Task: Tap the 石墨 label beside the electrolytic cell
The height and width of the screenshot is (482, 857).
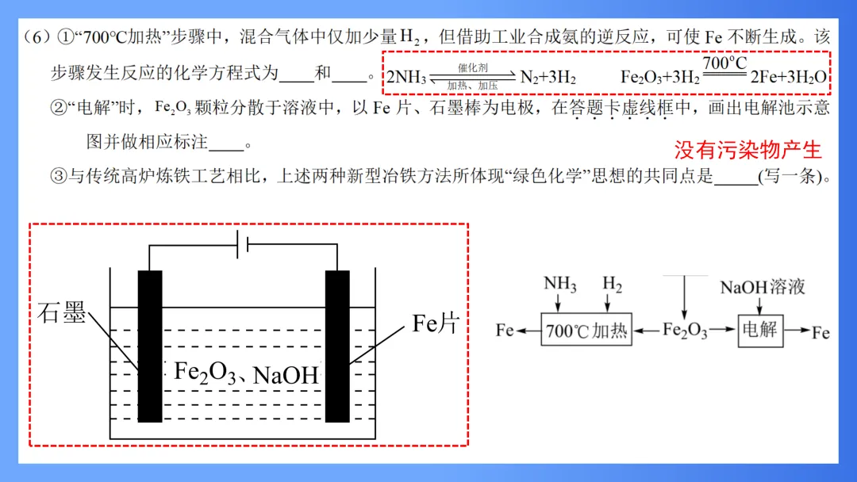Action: [61, 313]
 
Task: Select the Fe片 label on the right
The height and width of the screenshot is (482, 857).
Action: [436, 323]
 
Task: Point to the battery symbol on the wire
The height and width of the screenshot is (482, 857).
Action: [243, 245]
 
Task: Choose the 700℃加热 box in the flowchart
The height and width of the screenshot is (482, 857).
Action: [586, 330]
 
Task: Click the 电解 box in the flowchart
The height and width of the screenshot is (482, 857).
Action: [760, 329]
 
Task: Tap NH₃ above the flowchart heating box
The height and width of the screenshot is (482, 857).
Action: [559, 285]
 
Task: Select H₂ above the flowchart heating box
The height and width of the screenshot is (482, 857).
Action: [612, 284]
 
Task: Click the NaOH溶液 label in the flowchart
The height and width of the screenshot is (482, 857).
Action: [763, 286]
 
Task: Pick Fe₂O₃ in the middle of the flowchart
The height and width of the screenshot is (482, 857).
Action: [685, 331]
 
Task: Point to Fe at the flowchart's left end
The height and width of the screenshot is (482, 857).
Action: [505, 330]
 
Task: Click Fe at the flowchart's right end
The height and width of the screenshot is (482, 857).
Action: [820, 331]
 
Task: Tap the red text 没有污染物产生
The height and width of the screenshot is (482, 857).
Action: [747, 150]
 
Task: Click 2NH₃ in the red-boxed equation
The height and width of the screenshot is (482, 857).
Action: [406, 78]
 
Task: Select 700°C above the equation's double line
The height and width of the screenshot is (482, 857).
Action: [724, 63]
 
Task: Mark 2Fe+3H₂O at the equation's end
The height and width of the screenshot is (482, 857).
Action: [788, 78]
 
